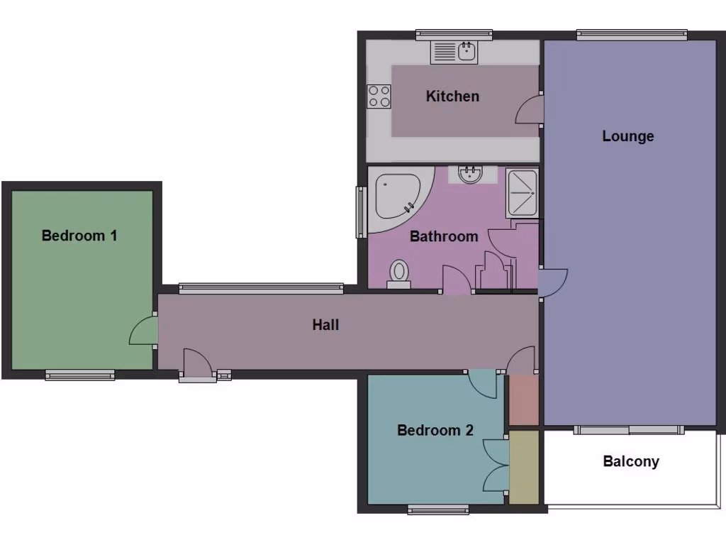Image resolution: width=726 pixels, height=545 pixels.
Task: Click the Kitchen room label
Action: [452, 96]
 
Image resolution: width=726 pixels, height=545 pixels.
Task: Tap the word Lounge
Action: [627, 136]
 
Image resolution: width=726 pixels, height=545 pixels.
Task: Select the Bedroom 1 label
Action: [79, 235]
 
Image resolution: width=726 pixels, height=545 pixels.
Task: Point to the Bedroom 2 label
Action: [435, 429]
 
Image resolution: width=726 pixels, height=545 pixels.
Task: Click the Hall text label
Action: [325, 324]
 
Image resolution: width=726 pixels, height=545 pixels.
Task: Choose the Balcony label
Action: [630, 461]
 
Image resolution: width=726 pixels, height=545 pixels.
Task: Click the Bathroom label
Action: [444, 236]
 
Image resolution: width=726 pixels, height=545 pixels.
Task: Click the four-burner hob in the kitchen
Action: [379, 96]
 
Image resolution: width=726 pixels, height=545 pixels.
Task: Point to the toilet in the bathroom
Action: [399, 273]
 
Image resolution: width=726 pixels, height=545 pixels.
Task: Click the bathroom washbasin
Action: [470, 175]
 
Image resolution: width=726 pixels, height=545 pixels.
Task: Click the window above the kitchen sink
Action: [454, 34]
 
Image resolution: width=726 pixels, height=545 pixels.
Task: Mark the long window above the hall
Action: [260, 287]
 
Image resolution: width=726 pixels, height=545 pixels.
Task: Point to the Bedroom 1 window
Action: [80, 375]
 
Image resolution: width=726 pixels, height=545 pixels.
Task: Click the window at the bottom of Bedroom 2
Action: [438, 508]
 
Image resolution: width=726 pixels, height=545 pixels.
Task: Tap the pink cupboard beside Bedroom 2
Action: [525, 400]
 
